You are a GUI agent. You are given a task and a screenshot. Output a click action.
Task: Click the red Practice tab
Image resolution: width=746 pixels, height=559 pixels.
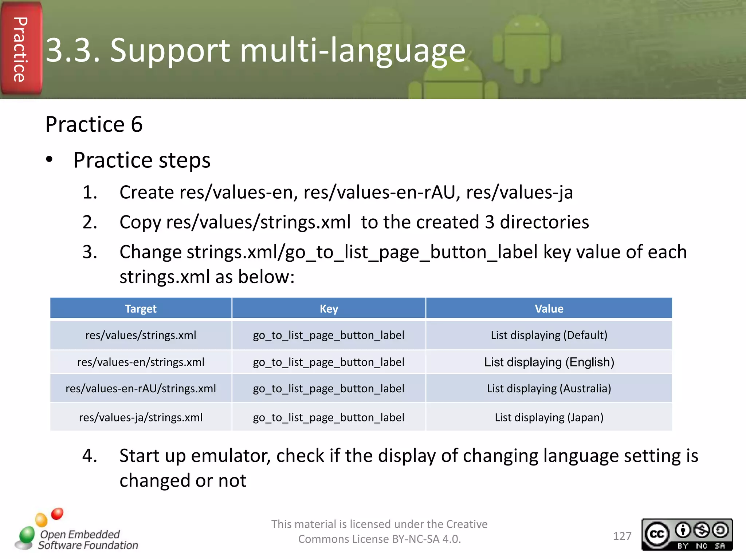[21, 49]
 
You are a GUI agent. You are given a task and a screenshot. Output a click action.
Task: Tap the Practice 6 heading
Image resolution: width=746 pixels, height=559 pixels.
[94, 124]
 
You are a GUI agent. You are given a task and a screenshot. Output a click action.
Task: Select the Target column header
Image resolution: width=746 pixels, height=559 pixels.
[141, 309]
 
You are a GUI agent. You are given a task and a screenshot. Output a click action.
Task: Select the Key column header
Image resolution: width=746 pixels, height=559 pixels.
[329, 309]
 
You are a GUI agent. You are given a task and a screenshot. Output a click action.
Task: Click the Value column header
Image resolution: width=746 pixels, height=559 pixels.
[549, 309]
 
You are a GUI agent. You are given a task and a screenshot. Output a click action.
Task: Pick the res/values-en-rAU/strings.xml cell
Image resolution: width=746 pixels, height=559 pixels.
[141, 388]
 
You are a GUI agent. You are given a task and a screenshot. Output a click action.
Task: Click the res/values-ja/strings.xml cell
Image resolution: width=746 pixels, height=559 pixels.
[141, 417]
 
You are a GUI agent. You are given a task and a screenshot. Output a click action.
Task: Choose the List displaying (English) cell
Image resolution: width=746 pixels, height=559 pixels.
[549, 362]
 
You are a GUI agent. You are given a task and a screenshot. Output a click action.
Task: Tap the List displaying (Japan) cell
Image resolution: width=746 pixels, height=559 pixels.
[549, 417]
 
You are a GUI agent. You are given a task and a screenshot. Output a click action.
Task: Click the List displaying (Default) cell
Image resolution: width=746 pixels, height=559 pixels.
[549, 335]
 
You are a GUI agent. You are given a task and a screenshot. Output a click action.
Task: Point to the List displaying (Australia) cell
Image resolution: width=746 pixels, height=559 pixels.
[549, 388]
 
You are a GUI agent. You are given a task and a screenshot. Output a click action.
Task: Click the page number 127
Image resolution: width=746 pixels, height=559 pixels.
[622, 536]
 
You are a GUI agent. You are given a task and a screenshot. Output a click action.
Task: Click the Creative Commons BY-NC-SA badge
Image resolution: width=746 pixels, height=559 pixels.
[687, 534]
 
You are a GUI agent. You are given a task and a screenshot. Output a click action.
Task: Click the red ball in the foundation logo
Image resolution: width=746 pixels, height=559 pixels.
[57, 514]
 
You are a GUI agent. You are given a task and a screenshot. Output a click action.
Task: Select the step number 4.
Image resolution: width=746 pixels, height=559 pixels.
[89, 456]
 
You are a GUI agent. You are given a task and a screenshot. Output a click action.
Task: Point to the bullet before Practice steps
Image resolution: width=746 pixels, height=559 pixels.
[49, 160]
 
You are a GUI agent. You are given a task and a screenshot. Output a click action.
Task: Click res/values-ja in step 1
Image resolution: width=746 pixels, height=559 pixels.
[519, 192]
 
